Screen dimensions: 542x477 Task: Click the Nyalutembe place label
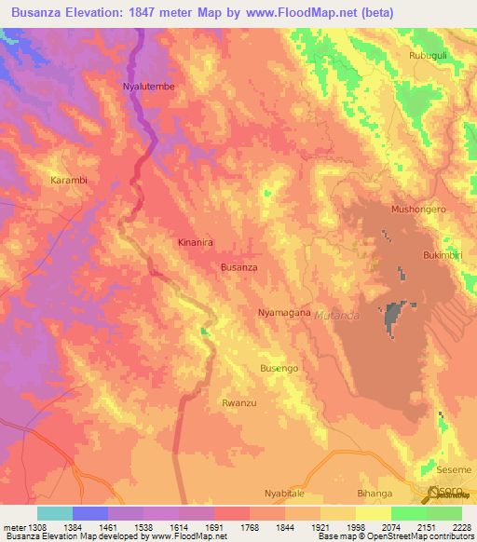coord(149,87)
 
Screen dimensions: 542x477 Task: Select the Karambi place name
coord(68,180)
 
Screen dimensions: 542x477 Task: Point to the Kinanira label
coord(196,242)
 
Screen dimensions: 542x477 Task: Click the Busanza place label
coord(238,267)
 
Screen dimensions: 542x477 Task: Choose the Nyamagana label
coord(283,313)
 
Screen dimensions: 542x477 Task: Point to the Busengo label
coord(279,369)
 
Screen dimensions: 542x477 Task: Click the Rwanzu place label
coord(239,403)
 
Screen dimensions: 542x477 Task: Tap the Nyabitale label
coord(285,492)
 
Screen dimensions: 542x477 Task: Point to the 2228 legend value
coord(459,527)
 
